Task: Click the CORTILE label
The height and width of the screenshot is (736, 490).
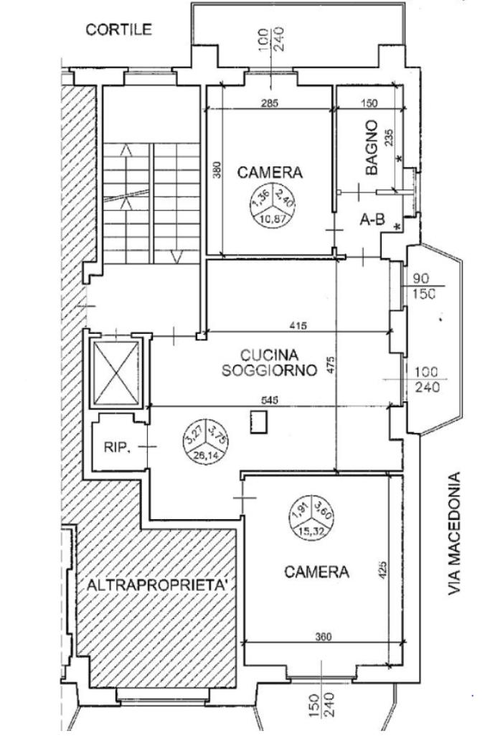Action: [119, 29]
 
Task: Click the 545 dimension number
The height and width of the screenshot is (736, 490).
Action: [270, 400]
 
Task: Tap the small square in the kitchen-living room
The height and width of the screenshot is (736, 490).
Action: [258, 423]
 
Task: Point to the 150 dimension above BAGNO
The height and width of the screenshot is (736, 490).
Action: [369, 103]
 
